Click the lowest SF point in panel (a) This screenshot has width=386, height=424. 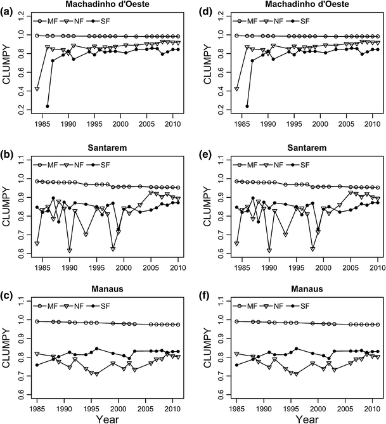coord(48,106)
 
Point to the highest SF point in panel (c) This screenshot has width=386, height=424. coord(96,349)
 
